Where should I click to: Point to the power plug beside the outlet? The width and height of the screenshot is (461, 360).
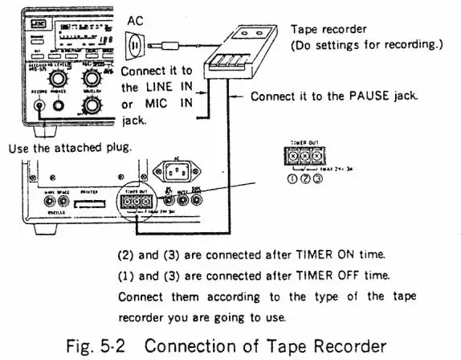pos(171,47)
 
